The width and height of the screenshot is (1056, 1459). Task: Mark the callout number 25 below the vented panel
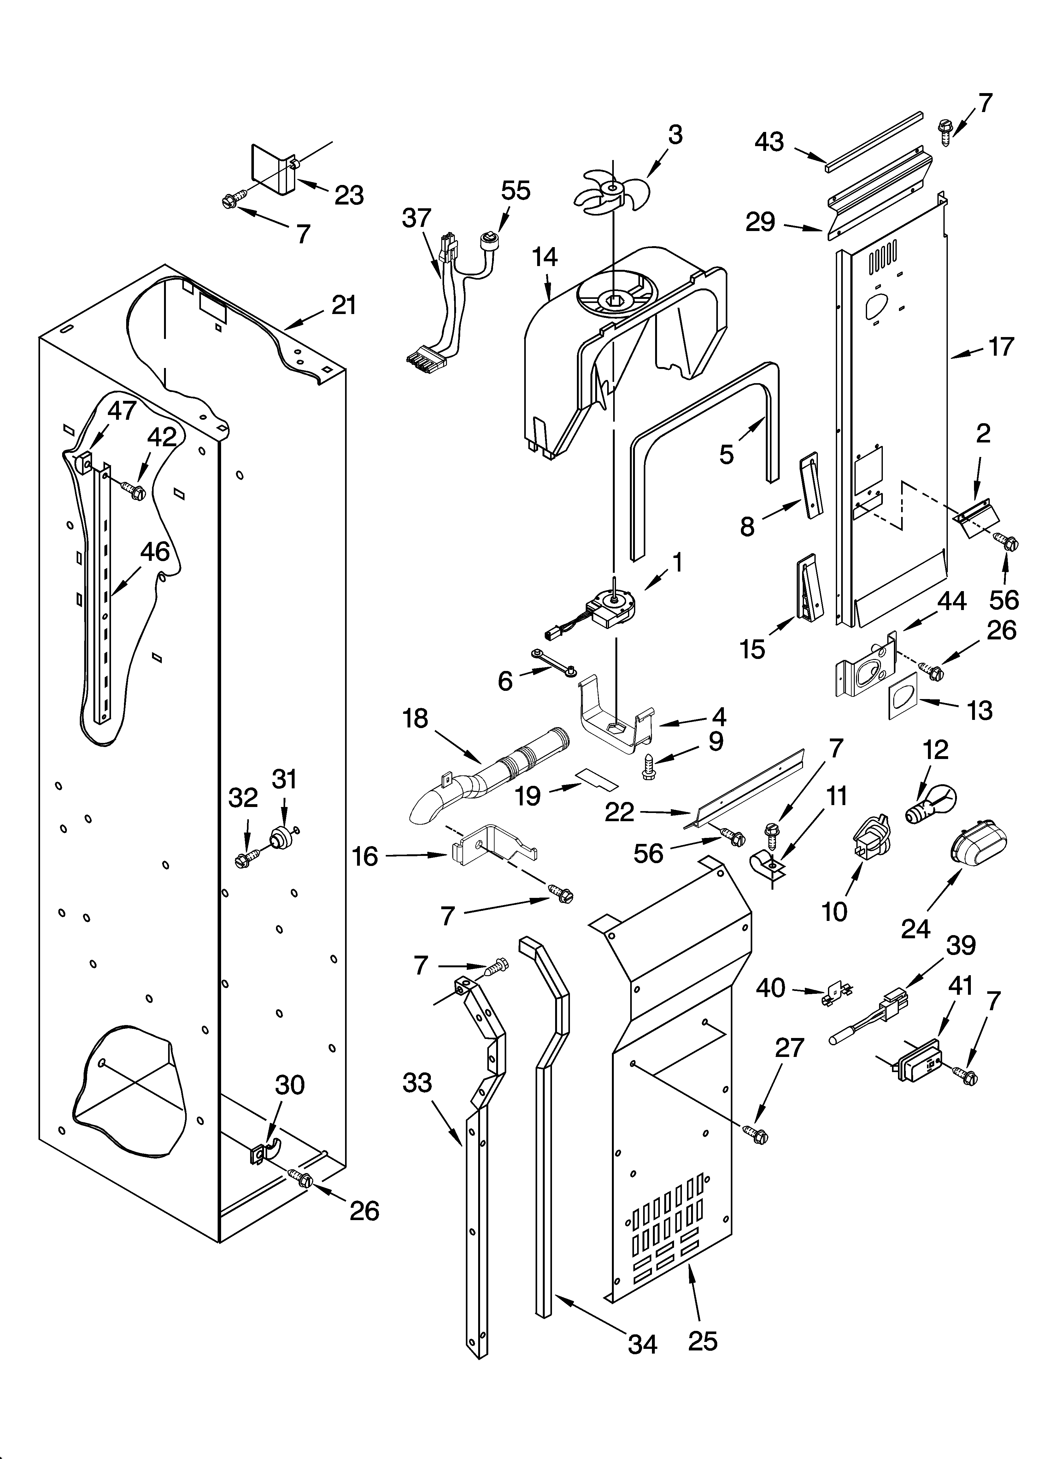(702, 1341)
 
